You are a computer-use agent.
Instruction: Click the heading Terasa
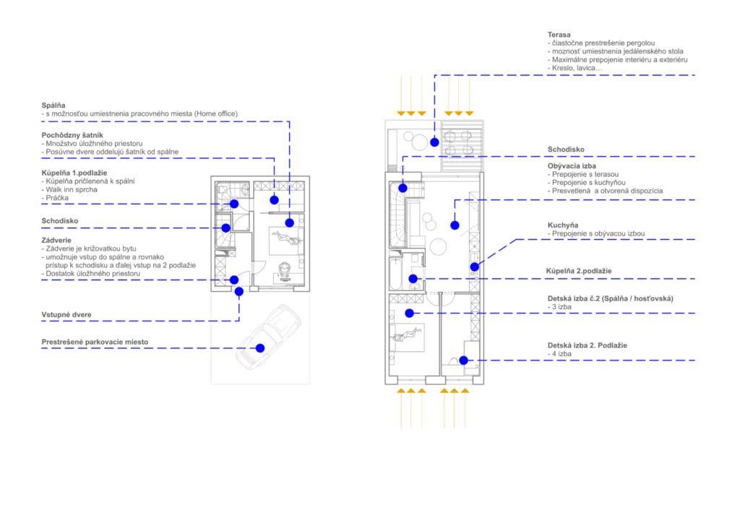click(559, 35)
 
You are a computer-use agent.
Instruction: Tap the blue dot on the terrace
click(434, 142)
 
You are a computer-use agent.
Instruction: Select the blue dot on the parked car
click(260, 348)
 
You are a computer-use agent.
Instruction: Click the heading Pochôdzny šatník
click(72, 135)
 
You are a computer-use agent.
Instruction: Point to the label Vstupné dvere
click(66, 314)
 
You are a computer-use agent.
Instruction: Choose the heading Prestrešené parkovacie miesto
click(95, 342)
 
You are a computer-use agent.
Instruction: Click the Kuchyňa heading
click(562, 225)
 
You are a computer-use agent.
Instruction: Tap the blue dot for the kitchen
click(475, 267)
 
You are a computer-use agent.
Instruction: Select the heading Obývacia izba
click(572, 166)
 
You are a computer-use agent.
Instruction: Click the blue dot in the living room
click(455, 225)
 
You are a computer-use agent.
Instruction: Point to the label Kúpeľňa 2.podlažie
click(579, 271)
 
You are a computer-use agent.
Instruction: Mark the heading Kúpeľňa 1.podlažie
click(74, 173)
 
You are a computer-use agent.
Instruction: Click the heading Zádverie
click(56, 241)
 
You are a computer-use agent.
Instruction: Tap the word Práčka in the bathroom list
click(56, 198)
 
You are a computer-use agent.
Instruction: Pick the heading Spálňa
click(53, 105)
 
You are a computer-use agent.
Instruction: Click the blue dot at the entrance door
click(239, 291)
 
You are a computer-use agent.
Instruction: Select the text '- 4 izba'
click(559, 354)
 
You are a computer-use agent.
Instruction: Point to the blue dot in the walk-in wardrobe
click(274, 200)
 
